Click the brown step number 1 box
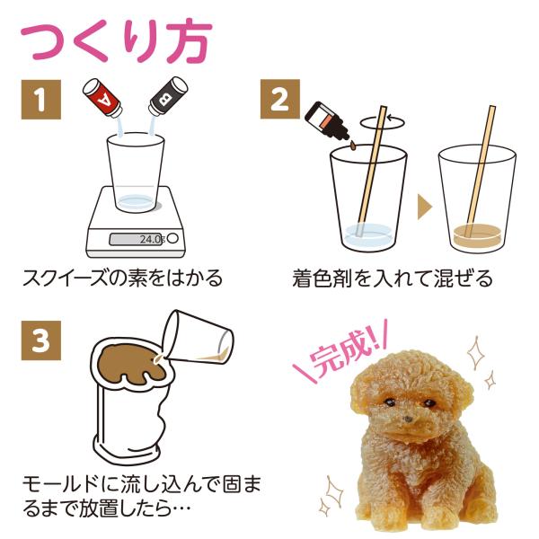pos(41,100)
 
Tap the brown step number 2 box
pos(279,99)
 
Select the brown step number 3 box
pos(41,340)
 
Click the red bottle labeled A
pos(102,98)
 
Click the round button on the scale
pos(172,238)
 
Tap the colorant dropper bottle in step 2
pos(327,120)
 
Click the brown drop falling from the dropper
pos(353,146)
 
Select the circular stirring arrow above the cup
pos(383,122)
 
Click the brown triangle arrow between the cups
pos(425,207)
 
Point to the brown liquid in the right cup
pos(477,237)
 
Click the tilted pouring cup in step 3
pos(199,337)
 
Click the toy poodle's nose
pos(408,419)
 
